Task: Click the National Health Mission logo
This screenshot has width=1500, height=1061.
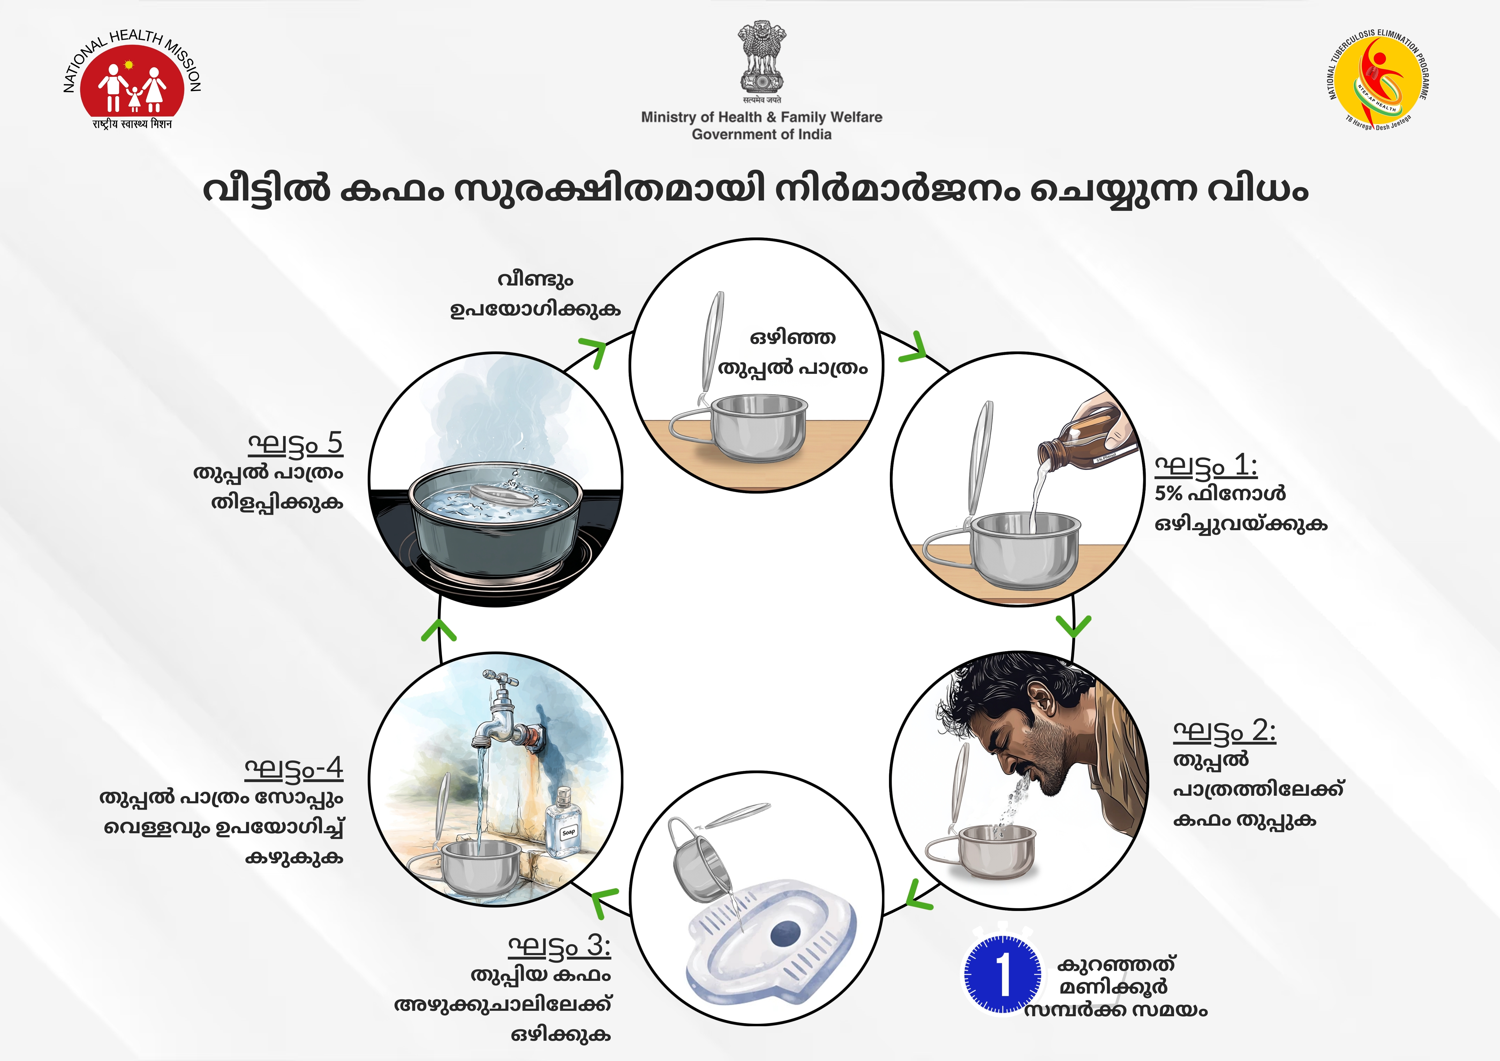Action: (x=133, y=80)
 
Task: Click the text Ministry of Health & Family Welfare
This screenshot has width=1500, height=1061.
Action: (x=762, y=117)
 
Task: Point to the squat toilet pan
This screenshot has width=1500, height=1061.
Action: (x=771, y=941)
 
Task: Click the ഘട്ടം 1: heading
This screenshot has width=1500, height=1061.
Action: (x=1206, y=466)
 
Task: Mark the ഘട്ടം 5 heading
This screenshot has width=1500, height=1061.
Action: (x=295, y=444)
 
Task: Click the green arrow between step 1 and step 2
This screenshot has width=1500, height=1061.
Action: (x=1073, y=626)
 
